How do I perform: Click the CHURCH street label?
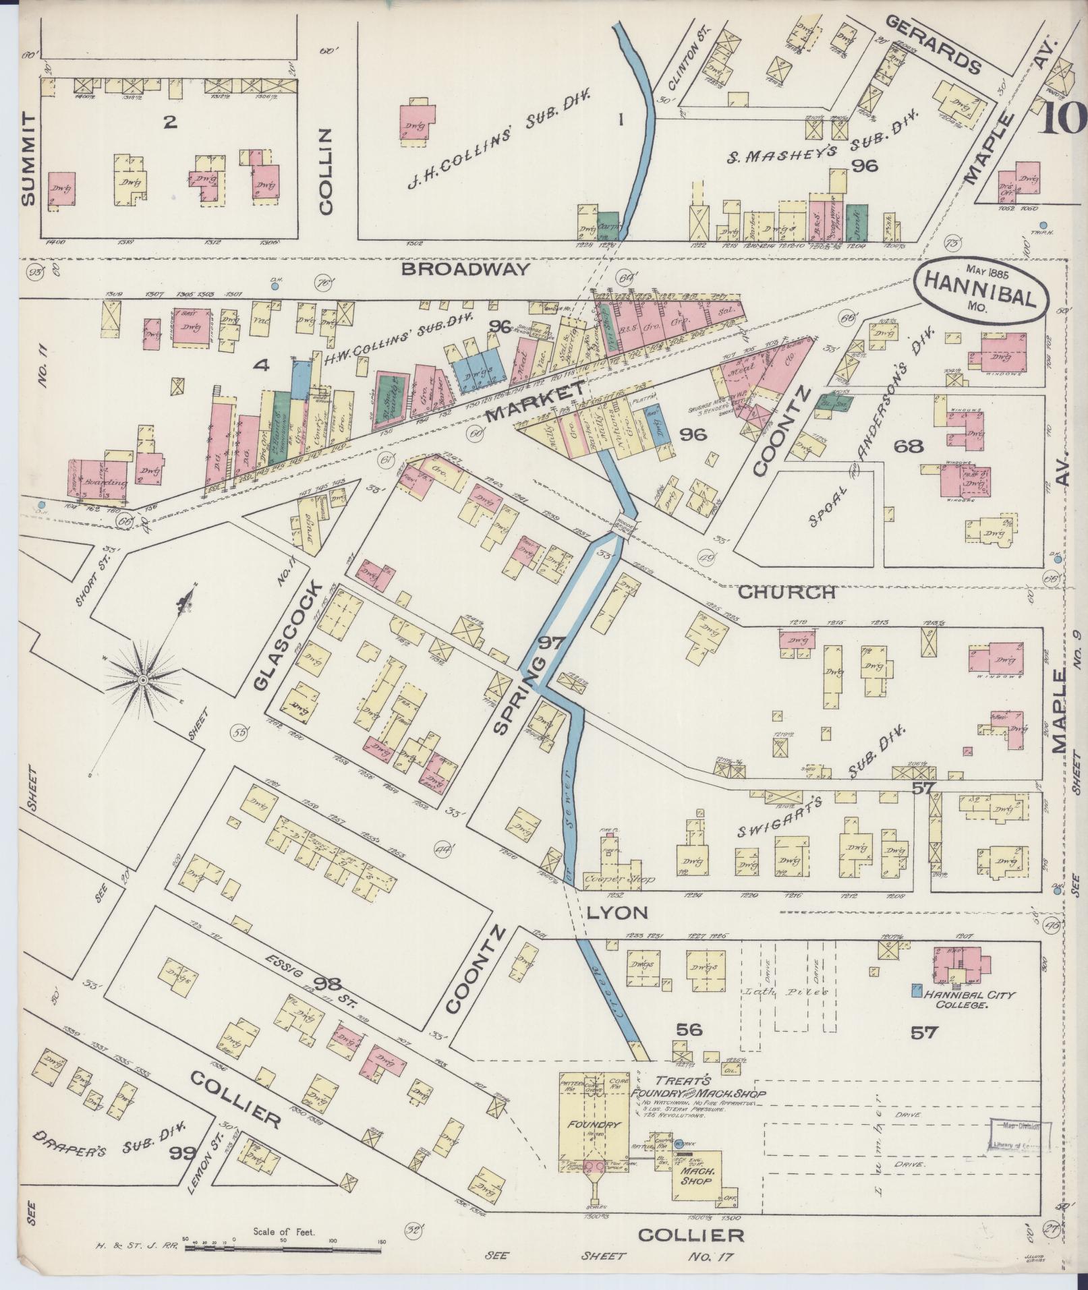tap(786, 593)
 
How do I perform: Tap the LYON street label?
tap(617, 913)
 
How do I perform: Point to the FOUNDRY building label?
tap(594, 1125)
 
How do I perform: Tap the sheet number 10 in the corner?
tap(1062, 119)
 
